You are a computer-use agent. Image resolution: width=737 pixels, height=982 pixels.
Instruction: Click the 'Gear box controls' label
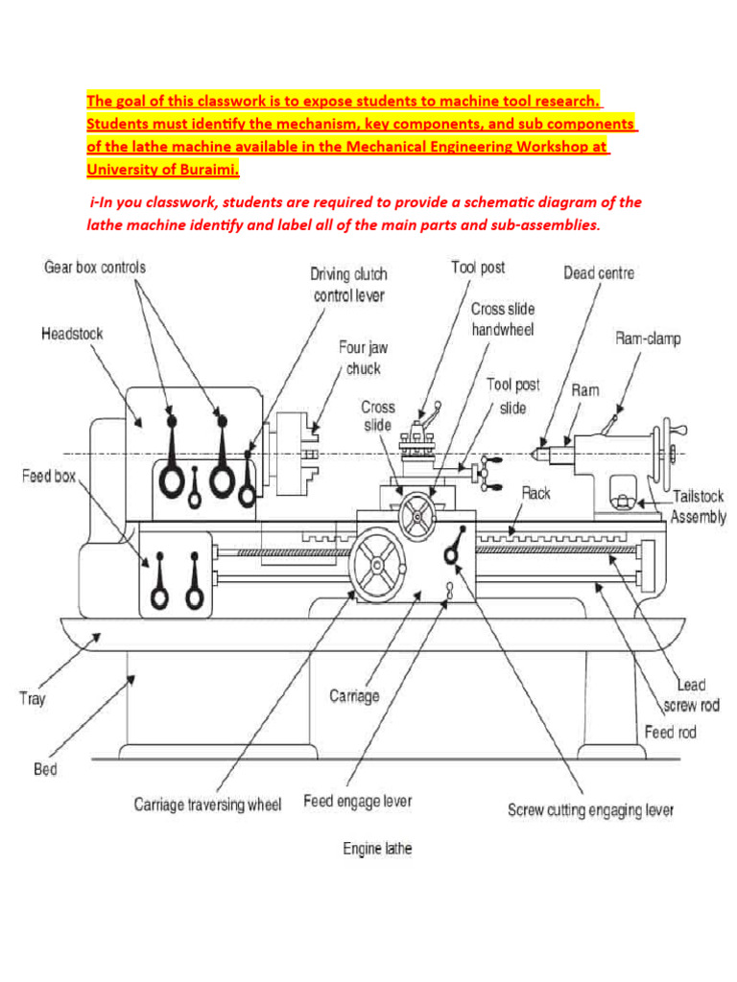(95, 267)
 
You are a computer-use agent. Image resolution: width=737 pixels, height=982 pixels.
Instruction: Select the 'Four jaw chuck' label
(363, 357)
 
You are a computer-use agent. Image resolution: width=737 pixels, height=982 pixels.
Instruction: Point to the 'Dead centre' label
(598, 272)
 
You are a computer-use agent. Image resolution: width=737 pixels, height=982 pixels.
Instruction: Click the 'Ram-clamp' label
(648, 339)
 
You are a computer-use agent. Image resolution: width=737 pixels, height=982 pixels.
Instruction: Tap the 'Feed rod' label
(670, 732)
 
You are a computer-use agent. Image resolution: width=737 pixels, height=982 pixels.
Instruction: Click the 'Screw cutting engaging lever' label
(590, 810)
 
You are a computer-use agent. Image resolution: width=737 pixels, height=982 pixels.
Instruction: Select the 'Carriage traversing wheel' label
(207, 805)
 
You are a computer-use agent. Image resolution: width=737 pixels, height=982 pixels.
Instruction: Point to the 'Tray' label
(32, 698)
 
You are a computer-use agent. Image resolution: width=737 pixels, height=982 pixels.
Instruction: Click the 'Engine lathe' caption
(377, 849)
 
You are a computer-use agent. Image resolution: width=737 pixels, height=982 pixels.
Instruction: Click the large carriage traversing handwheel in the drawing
(378, 568)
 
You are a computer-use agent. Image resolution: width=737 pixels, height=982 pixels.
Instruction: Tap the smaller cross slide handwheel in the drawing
(416, 518)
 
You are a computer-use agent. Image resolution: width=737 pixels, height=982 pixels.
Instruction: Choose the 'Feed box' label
(49, 477)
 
